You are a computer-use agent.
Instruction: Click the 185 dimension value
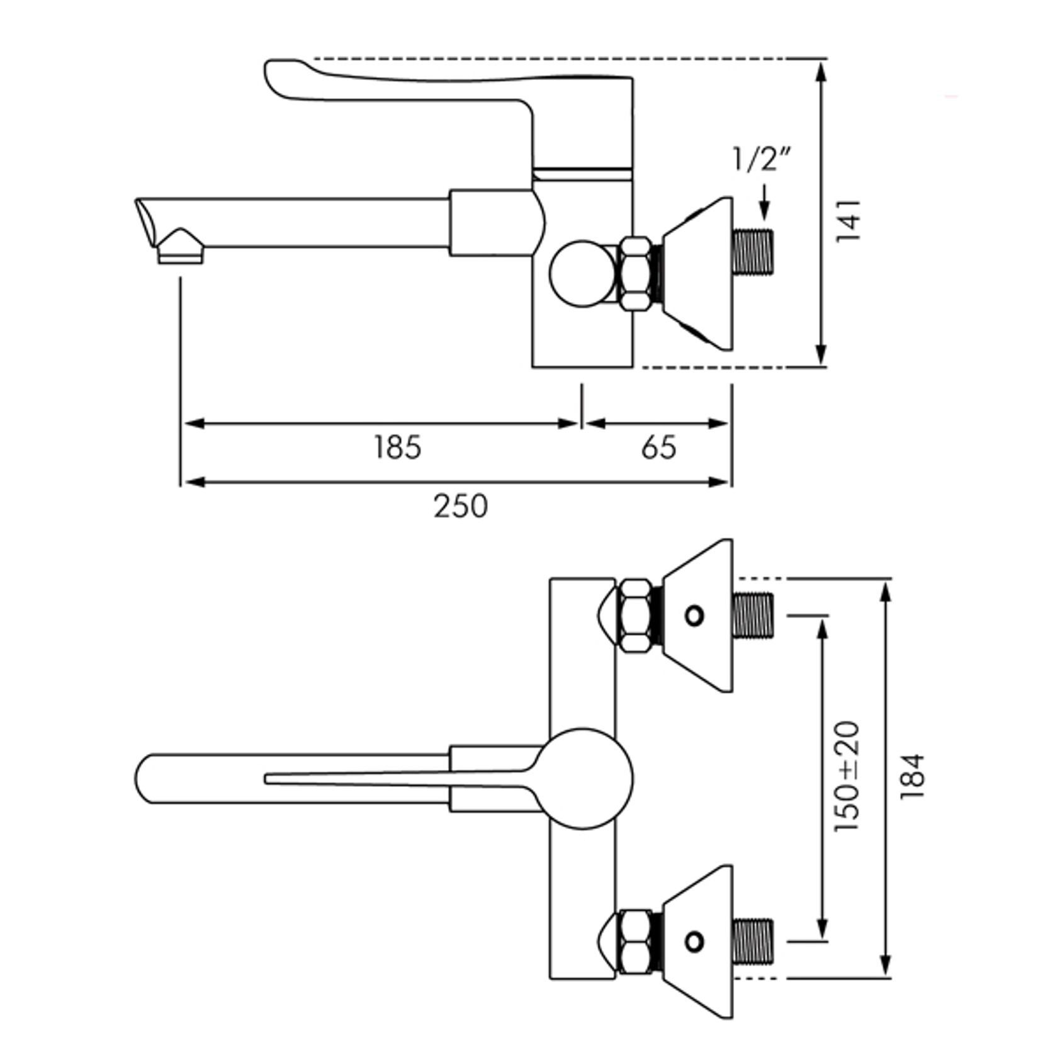coord(397,448)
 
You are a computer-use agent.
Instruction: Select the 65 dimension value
coord(659,448)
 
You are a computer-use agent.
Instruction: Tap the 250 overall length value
coord(460,506)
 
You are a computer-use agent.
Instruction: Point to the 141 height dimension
coord(848,220)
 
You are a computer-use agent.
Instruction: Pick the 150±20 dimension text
coord(847,776)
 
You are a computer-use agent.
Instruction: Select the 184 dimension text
coord(912,776)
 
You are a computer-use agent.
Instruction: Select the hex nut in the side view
coord(637,274)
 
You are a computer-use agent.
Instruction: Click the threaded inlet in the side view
coord(754,251)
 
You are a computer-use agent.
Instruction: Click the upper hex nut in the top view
coord(637,616)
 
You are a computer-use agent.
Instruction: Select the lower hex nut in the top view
coord(637,942)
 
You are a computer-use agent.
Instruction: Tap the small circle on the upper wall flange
coord(694,616)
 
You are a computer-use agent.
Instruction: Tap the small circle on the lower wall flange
coord(694,942)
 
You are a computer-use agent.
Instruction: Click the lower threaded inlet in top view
coord(754,942)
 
